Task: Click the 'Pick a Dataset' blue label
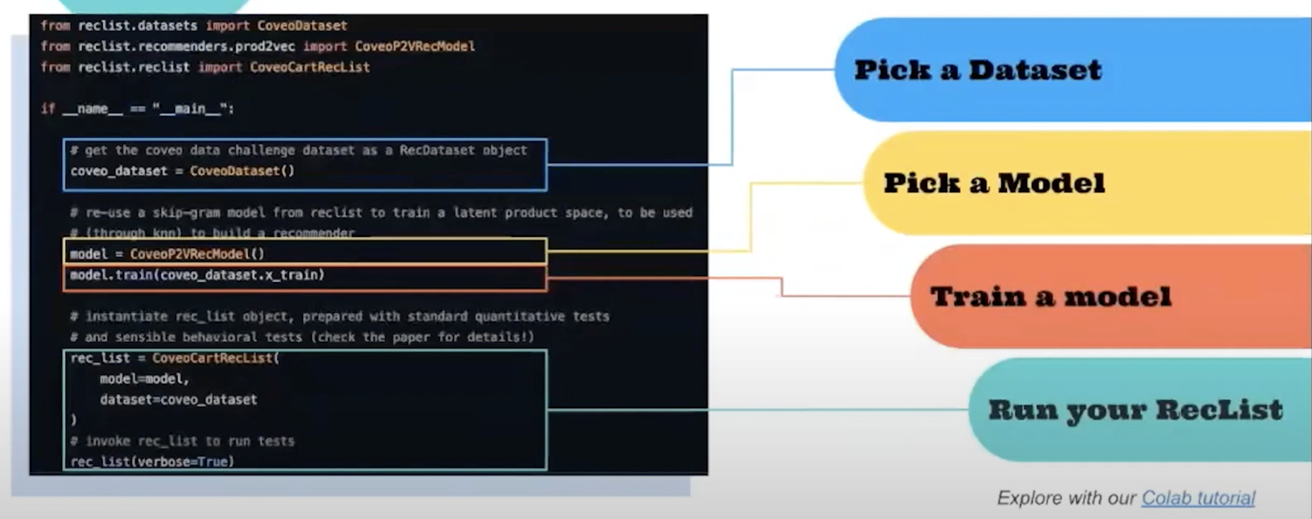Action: [x=977, y=70]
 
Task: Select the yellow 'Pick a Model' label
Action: [x=994, y=183]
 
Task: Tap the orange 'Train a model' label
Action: [x=1051, y=297]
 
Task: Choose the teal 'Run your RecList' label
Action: [x=1135, y=410]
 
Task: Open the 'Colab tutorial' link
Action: [x=1198, y=497]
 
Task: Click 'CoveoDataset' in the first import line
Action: [x=302, y=26]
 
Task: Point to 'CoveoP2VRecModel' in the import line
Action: [x=415, y=46]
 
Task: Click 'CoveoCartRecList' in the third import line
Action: [x=310, y=67]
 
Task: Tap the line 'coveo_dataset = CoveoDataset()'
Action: [x=182, y=171]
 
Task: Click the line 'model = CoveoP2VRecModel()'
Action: [x=167, y=254]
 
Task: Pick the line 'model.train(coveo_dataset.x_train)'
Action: [x=197, y=275]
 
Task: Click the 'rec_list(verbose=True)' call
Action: [x=152, y=462]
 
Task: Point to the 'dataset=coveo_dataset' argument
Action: [x=178, y=400]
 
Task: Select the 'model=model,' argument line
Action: [x=144, y=379]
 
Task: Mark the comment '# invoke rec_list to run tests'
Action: [x=182, y=441]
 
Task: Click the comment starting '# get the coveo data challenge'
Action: [x=298, y=151]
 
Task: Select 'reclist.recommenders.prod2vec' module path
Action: [x=186, y=46]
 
